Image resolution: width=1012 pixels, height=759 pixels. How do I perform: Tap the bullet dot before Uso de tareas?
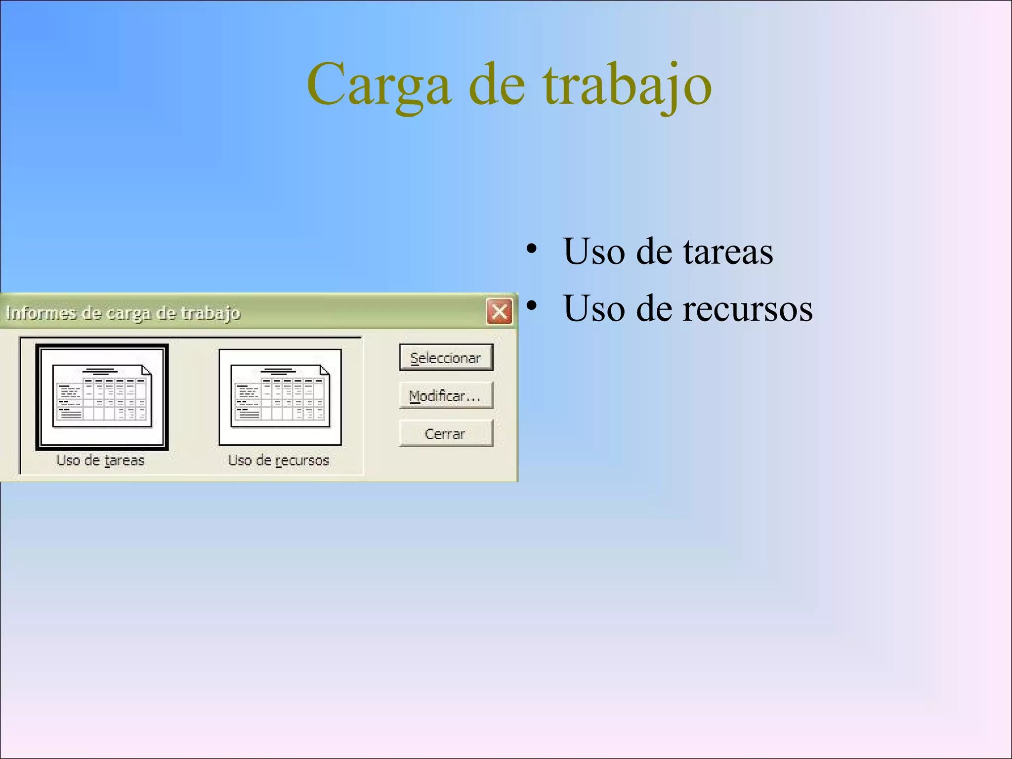click(531, 249)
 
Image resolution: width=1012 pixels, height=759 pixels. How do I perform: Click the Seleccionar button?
click(446, 358)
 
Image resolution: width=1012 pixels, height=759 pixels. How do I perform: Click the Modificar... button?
click(446, 396)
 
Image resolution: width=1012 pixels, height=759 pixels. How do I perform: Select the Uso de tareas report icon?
click(102, 397)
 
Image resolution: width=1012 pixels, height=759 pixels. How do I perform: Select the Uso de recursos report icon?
click(280, 397)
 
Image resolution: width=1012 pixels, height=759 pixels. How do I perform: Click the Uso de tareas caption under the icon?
click(100, 461)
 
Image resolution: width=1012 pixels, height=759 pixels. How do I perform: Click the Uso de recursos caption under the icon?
click(278, 461)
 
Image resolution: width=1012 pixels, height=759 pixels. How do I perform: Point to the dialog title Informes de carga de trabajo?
click(123, 313)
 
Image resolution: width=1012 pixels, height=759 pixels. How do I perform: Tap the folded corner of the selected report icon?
click(147, 370)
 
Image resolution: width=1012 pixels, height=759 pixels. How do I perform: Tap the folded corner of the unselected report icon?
click(325, 370)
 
